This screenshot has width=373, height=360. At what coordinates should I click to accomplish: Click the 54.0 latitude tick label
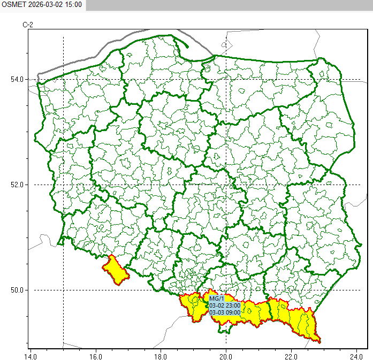click(16, 80)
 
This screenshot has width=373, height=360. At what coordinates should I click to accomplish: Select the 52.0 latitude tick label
click(16, 185)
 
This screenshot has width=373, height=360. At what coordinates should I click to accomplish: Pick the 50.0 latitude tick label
click(16, 290)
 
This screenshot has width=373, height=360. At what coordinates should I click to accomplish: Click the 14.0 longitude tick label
click(31, 355)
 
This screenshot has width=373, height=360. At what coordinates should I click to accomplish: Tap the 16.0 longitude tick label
click(95, 355)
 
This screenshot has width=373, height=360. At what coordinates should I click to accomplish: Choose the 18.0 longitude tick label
click(161, 355)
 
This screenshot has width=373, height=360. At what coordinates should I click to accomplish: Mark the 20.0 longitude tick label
click(226, 355)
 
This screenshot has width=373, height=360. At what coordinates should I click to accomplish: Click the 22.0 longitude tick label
click(291, 355)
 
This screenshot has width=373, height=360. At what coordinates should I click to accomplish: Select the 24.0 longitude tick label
click(356, 355)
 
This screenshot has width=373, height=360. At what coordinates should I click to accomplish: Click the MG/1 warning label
click(216, 298)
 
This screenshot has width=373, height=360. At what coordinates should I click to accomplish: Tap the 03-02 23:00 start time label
click(225, 305)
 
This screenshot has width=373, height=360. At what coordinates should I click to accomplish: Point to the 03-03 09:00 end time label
click(225, 312)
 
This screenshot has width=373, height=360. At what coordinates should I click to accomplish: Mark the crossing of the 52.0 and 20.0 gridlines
click(226, 185)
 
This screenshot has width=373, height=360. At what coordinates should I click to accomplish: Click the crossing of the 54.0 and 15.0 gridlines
click(63, 80)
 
